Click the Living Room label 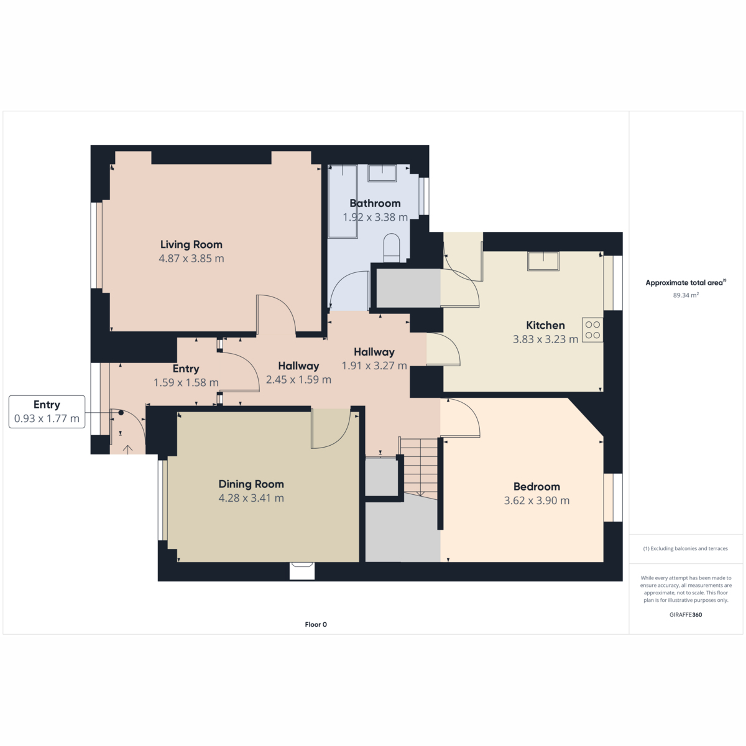[191, 245]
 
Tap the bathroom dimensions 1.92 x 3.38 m [375, 217]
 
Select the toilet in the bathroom [392, 248]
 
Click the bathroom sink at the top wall [382, 173]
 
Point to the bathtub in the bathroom [343, 201]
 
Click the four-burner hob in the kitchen [592, 330]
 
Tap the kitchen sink [543, 261]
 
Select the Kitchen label [545, 325]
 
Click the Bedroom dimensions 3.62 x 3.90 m [536, 500]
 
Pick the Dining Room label [251, 484]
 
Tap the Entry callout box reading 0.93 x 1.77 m [47, 412]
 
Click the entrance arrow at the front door [128, 449]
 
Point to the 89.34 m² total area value [686, 295]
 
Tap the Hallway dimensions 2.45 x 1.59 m [298, 380]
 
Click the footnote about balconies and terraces [686, 548]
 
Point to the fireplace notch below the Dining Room [302, 571]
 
